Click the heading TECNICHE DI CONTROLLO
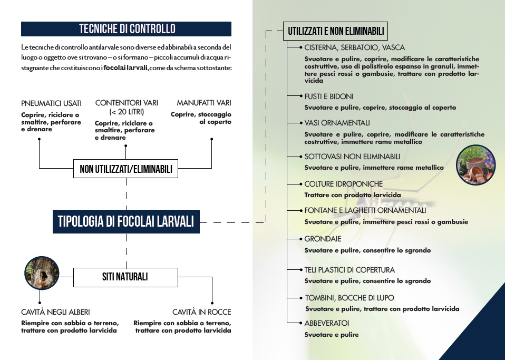pyautogui.click(x=127, y=28)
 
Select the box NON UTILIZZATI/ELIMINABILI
pyautogui.click(x=126, y=170)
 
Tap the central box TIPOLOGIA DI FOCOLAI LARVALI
pyautogui.click(x=125, y=221)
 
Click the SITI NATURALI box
pyautogui.click(x=125, y=277)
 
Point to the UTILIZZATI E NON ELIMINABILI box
pyautogui.click(x=336, y=31)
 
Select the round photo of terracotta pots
pyautogui.click(x=475, y=164)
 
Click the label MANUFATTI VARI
pyautogui.click(x=204, y=103)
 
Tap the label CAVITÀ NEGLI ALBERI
pyautogui.click(x=55, y=312)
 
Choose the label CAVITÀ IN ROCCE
pyautogui.click(x=201, y=312)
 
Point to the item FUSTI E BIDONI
pyautogui.click(x=329, y=96)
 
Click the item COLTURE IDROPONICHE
pyautogui.click(x=343, y=184)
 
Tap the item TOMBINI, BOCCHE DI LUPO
pyautogui.click(x=349, y=298)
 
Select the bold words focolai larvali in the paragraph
pyautogui.click(x=126, y=68)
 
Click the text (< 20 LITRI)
pyautogui.click(x=127, y=112)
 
